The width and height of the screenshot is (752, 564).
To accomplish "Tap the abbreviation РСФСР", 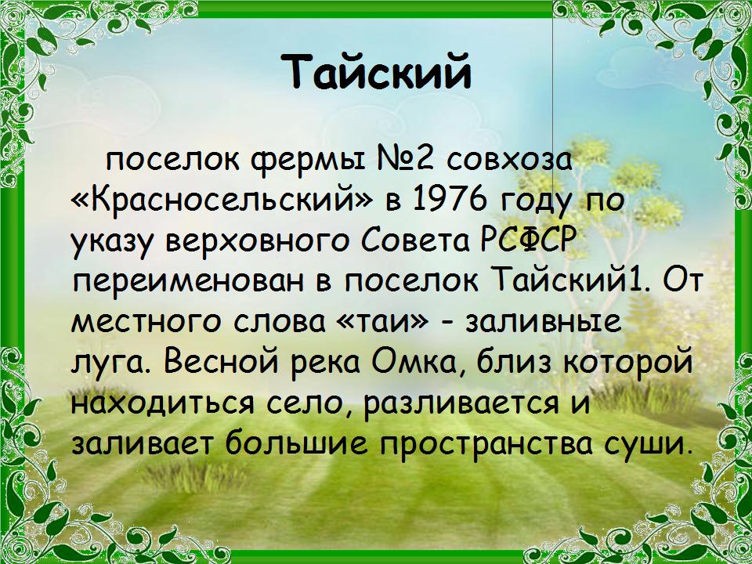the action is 527,239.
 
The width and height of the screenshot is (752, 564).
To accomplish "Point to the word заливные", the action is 544,322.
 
